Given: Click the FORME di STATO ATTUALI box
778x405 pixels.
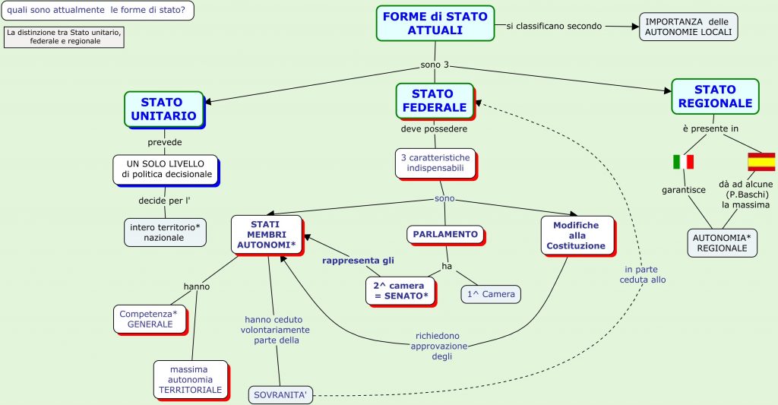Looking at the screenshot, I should coord(435,23).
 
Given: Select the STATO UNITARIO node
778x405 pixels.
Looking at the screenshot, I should coord(164,109).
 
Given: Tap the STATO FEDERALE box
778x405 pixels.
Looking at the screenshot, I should coord(435,100).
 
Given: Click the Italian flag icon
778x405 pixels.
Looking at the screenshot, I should coord(683,162).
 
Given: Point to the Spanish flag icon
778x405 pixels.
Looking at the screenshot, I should coord(761,161).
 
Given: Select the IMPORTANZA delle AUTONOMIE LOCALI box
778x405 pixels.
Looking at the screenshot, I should coord(688,27).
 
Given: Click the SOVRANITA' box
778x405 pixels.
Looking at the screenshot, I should coord(280,395).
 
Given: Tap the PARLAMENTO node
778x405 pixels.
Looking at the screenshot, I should coord(445,234).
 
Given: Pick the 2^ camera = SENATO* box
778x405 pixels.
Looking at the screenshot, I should coord(400,290).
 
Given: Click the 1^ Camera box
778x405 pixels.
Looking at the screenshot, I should coord(491,294).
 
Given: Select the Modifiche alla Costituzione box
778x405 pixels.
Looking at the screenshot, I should coord(575,236).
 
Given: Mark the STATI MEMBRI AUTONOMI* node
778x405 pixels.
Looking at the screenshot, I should coord(267,235).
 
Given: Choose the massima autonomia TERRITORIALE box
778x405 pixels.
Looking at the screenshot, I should coord(190,380).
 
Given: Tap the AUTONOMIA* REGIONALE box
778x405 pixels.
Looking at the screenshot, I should coord(722,243).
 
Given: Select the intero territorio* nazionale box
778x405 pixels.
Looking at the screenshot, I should coord(165,233).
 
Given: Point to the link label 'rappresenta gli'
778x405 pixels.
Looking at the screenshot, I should coord(358,261).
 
